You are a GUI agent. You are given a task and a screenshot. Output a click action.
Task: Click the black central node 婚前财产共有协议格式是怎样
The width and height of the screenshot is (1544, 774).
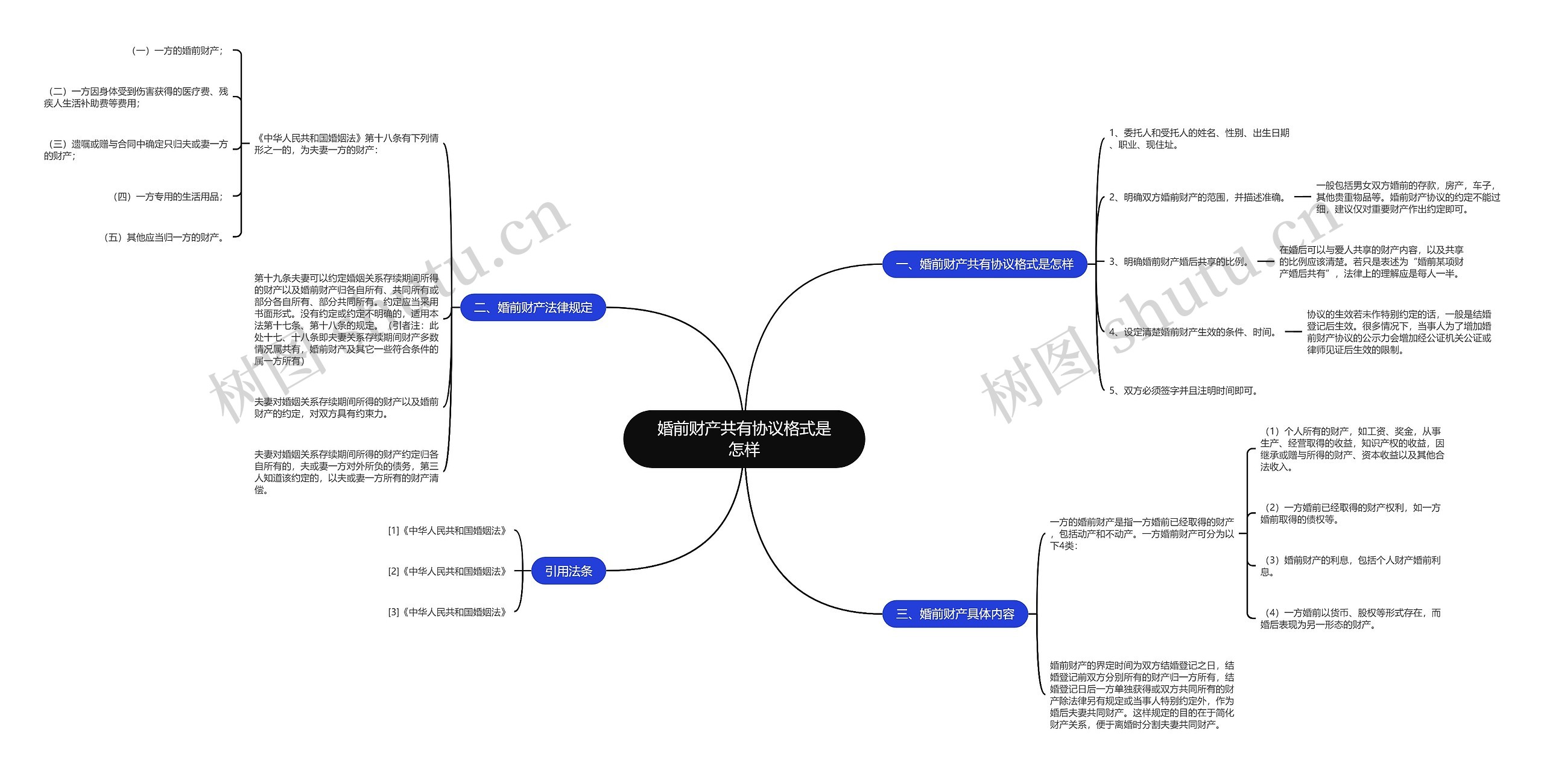click(x=744, y=439)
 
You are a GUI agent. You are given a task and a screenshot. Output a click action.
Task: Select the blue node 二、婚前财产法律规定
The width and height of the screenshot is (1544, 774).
click(x=533, y=308)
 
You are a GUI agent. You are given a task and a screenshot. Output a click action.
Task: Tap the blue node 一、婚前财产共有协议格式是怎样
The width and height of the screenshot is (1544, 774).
click(x=984, y=264)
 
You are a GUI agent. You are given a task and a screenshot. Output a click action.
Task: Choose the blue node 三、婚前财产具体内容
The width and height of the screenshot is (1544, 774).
click(x=955, y=614)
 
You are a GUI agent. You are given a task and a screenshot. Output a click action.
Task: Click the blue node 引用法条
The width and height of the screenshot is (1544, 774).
click(x=568, y=571)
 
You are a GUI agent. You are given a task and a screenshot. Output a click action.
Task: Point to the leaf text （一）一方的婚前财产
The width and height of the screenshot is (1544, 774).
click(x=176, y=51)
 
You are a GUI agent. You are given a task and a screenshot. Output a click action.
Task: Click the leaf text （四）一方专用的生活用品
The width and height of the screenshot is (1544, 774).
click(x=167, y=197)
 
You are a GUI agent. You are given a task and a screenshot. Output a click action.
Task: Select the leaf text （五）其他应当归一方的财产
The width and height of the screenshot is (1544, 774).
click(x=163, y=238)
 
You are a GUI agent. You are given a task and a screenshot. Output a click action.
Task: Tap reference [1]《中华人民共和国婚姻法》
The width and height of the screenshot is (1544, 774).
click(x=447, y=531)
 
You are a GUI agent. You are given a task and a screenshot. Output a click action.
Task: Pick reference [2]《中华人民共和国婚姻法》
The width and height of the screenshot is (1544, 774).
click(x=447, y=571)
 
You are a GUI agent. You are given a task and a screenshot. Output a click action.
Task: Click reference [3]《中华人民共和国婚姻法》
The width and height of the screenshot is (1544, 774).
click(x=447, y=612)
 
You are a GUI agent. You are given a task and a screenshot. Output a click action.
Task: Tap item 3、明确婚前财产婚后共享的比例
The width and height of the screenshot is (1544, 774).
click(x=1180, y=262)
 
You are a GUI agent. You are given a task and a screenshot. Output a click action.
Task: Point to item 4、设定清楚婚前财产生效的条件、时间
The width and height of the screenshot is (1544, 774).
click(x=1194, y=332)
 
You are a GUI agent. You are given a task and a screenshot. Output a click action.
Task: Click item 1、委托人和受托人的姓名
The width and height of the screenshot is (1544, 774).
click(x=1199, y=139)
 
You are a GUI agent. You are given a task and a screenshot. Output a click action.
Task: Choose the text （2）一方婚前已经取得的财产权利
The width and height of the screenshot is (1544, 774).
click(x=1350, y=513)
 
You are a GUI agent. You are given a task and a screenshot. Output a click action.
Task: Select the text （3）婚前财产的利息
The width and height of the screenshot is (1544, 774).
click(x=1350, y=566)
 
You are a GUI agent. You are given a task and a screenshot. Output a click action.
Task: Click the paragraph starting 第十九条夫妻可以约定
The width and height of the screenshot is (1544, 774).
click(x=346, y=320)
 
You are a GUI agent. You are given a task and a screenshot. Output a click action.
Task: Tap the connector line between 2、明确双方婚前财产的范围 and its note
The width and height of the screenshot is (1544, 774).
click(x=1303, y=197)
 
